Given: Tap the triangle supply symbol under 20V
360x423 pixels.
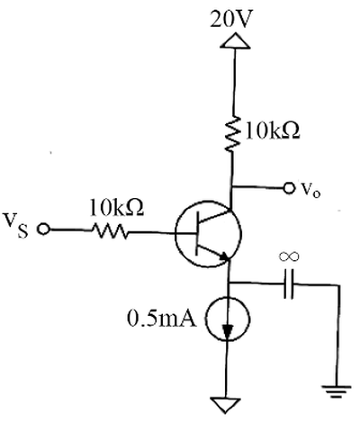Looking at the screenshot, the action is (235, 40).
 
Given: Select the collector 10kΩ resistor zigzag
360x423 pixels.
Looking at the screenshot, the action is (232, 134).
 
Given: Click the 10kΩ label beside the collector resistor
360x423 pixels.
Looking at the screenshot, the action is (273, 131).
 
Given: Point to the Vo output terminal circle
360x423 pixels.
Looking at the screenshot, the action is (289, 188).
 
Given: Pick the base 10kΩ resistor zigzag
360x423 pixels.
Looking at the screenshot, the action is (110, 231).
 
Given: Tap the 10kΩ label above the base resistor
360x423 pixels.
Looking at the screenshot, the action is (117, 207).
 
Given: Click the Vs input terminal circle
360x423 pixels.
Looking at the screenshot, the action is (43, 229).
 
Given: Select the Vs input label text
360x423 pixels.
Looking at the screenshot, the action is (16, 225).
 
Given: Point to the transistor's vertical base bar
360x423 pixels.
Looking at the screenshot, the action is (197, 233).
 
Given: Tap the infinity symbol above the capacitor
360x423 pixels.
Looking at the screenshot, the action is (289, 256).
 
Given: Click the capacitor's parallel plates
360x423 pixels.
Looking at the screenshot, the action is (289, 283).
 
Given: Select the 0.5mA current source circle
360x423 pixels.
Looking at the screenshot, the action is (227, 319).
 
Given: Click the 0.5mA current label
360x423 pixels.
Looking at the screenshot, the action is (162, 319).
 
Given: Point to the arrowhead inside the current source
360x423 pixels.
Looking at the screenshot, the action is (228, 332).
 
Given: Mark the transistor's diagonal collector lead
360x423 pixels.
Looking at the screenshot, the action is (215, 217).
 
